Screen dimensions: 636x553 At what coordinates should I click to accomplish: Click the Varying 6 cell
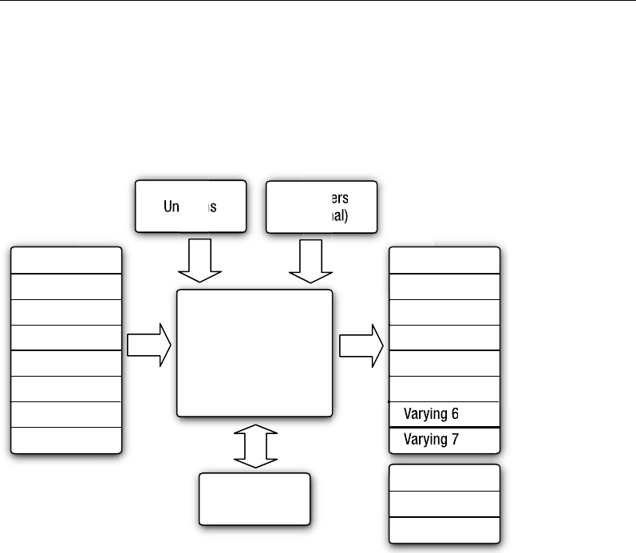coord(444,414)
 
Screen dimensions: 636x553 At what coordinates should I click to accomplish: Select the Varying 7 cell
coord(444,439)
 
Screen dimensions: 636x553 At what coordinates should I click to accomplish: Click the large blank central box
coord(254,353)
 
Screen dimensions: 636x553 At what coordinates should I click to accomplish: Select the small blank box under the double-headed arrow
coord(255,499)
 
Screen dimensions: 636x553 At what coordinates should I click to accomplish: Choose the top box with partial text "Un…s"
coord(190,207)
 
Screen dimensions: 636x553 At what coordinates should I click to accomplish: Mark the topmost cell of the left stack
coord(66,260)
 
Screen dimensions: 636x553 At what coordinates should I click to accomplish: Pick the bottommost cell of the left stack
coord(66,440)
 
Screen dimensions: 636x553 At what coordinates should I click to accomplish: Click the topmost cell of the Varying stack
coord(444,260)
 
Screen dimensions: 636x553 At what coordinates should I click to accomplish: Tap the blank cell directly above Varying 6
coord(444,389)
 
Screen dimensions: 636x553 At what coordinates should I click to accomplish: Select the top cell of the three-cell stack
coord(444,478)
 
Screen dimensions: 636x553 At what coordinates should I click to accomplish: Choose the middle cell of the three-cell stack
coord(444,504)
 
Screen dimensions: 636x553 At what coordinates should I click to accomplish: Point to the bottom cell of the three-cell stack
coord(444,529)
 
